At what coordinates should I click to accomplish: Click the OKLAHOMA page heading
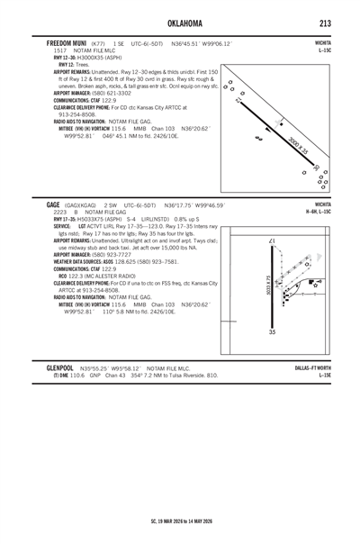pos(180,21)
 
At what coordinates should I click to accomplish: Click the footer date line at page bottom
pos(180,521)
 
